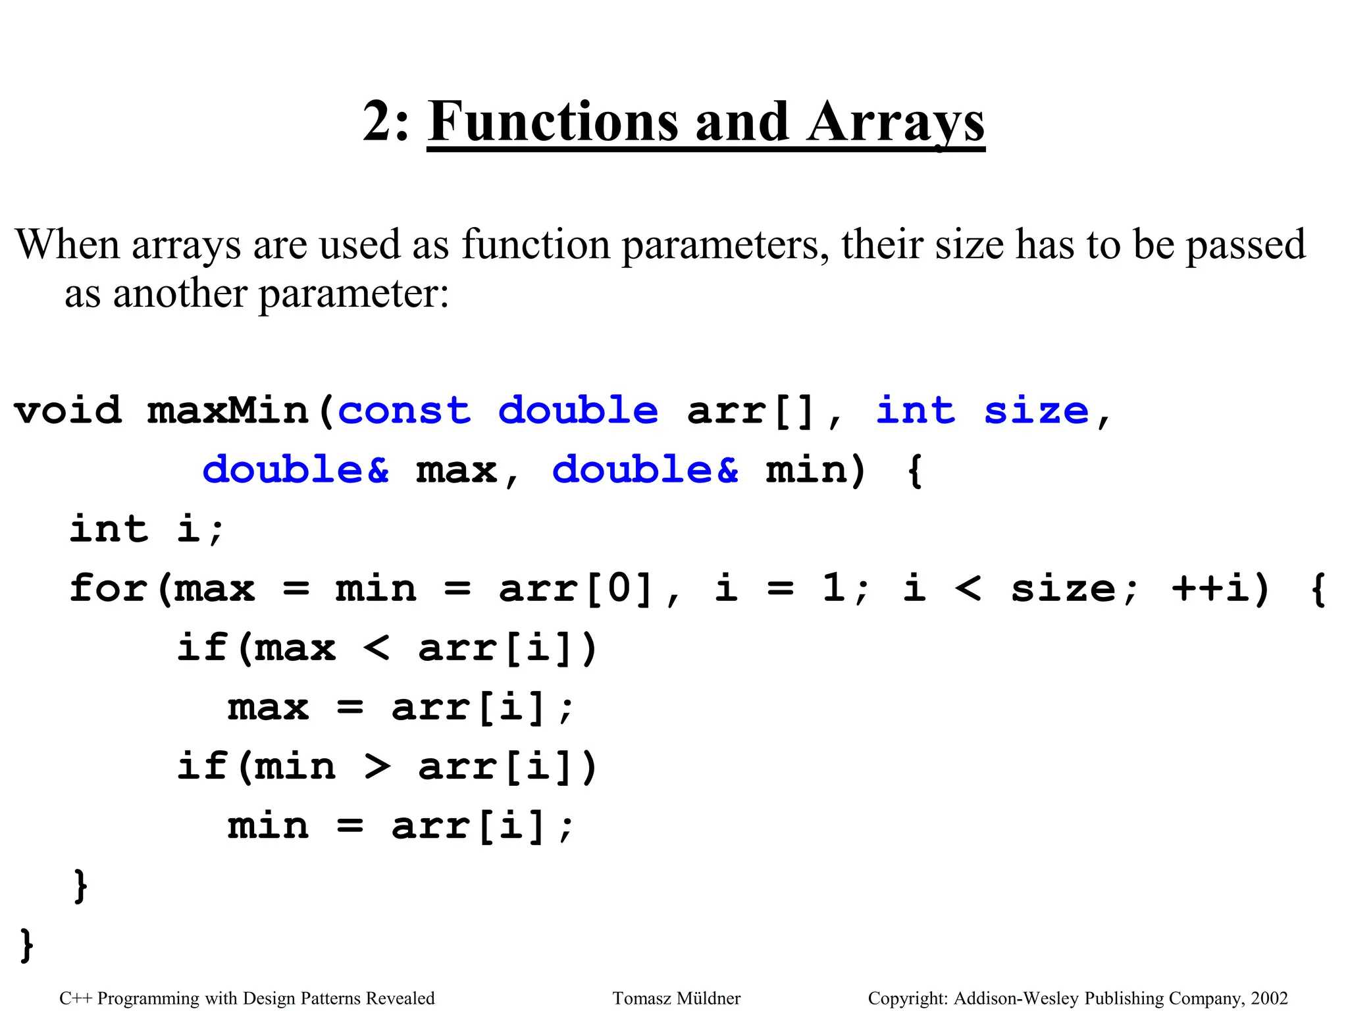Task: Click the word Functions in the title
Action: (553, 122)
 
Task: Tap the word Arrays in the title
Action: (896, 123)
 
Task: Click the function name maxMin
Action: (228, 411)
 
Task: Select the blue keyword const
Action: (404, 411)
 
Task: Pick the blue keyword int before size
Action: (915, 411)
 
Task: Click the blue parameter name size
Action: (1036, 411)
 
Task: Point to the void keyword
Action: (68, 411)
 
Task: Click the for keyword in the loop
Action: (108, 588)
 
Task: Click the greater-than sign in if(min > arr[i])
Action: (377, 766)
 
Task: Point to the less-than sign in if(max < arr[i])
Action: (376, 648)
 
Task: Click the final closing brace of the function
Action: (26, 945)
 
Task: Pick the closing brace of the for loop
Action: (80, 886)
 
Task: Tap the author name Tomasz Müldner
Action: (676, 998)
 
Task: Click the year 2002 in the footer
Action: (1269, 998)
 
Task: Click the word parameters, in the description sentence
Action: (725, 246)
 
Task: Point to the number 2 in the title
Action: (378, 122)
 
